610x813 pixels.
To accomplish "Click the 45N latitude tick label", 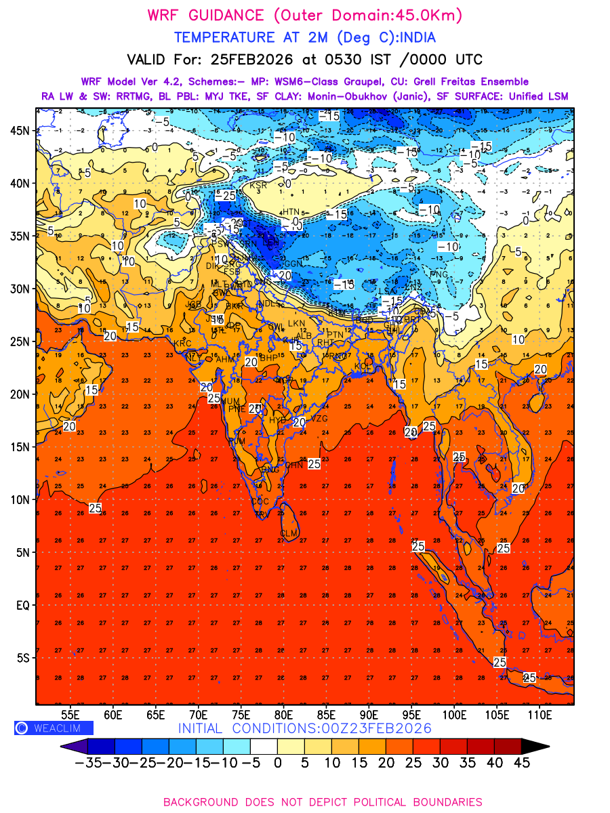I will coord(20,130).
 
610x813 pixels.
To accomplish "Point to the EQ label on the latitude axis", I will coord(22,605).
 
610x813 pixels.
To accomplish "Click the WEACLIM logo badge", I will coord(54,728).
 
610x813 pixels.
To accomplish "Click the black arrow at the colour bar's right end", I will coord(535,746).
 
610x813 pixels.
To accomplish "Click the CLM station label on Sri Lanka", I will coord(289,534).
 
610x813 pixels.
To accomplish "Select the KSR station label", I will coord(258,185).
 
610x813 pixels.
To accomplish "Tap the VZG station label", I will coord(319,419).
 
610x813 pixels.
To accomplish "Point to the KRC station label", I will coord(183,343).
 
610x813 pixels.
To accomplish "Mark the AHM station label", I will coord(224,359).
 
